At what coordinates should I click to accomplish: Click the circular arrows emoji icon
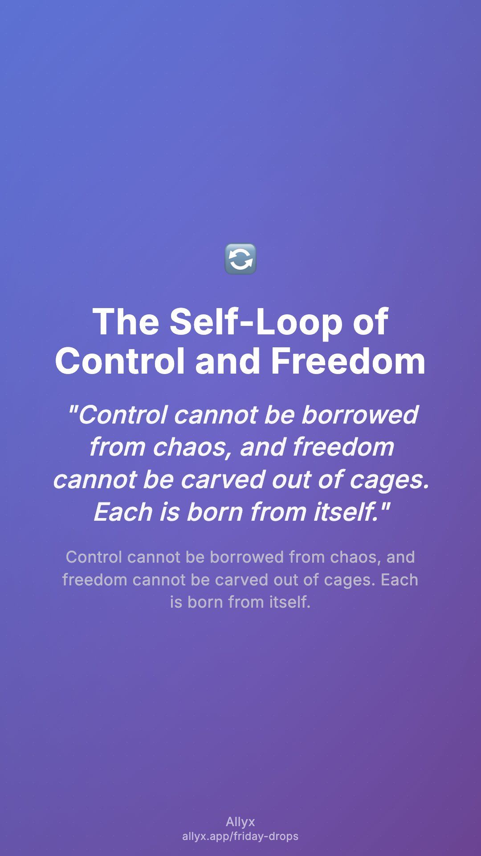[x=240, y=259]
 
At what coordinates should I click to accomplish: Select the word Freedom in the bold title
[x=348, y=361]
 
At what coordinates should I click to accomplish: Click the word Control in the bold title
[x=120, y=361]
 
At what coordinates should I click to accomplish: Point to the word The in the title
[x=126, y=322]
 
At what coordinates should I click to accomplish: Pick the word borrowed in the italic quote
[x=359, y=415]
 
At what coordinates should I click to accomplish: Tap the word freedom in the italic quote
[x=343, y=447]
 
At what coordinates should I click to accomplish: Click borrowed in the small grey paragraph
[x=247, y=557]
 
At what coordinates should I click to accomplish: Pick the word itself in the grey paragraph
[x=289, y=602]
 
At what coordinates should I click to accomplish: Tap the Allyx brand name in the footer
[x=240, y=822]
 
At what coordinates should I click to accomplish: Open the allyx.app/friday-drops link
[x=240, y=836]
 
